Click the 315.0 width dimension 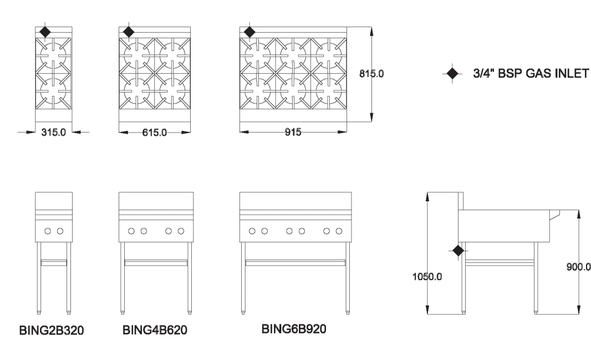[x=54, y=133]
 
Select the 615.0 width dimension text [x=155, y=133]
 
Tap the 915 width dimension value [x=293, y=132]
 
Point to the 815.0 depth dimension [x=371, y=74]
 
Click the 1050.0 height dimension [x=427, y=277]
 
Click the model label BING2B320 [x=52, y=331]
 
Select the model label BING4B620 [x=155, y=330]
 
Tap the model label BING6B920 [x=294, y=329]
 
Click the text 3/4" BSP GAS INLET [x=531, y=73]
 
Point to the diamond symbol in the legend [x=452, y=73]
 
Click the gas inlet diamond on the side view [x=458, y=251]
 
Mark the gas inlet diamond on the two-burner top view [x=45, y=32]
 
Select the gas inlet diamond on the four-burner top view [x=129, y=32]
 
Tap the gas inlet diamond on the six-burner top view [x=249, y=32]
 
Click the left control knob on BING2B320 [x=48, y=231]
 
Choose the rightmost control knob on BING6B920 [x=339, y=231]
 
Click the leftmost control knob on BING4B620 [x=131, y=231]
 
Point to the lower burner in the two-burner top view [x=54, y=91]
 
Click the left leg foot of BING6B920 [x=243, y=312]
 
